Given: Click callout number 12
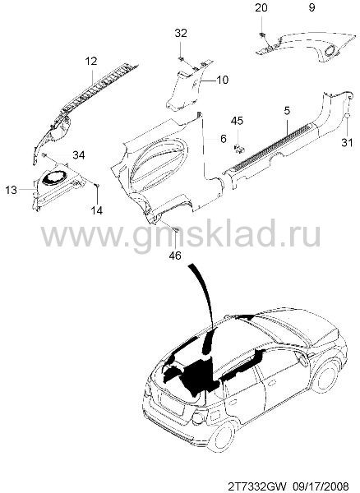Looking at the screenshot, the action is click(91, 61).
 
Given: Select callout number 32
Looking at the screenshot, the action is click(181, 33).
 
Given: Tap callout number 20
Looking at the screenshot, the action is click(261, 7).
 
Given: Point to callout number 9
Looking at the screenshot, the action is click(312, 7).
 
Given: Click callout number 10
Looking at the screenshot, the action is click(223, 80).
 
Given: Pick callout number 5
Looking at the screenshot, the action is click(287, 111).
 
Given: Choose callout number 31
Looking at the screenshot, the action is click(347, 142).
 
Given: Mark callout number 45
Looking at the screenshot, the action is click(237, 121).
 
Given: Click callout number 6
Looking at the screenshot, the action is click(224, 139).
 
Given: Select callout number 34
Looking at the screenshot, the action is click(79, 154).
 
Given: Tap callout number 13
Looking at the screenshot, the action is click(12, 190).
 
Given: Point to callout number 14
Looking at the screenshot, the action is click(97, 210).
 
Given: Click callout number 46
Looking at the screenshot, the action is click(175, 256).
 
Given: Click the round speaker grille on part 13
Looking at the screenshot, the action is click(54, 177).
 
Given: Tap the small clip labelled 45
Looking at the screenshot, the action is click(240, 148).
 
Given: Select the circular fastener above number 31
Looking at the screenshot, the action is click(347, 116).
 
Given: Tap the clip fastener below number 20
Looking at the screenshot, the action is click(261, 35).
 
